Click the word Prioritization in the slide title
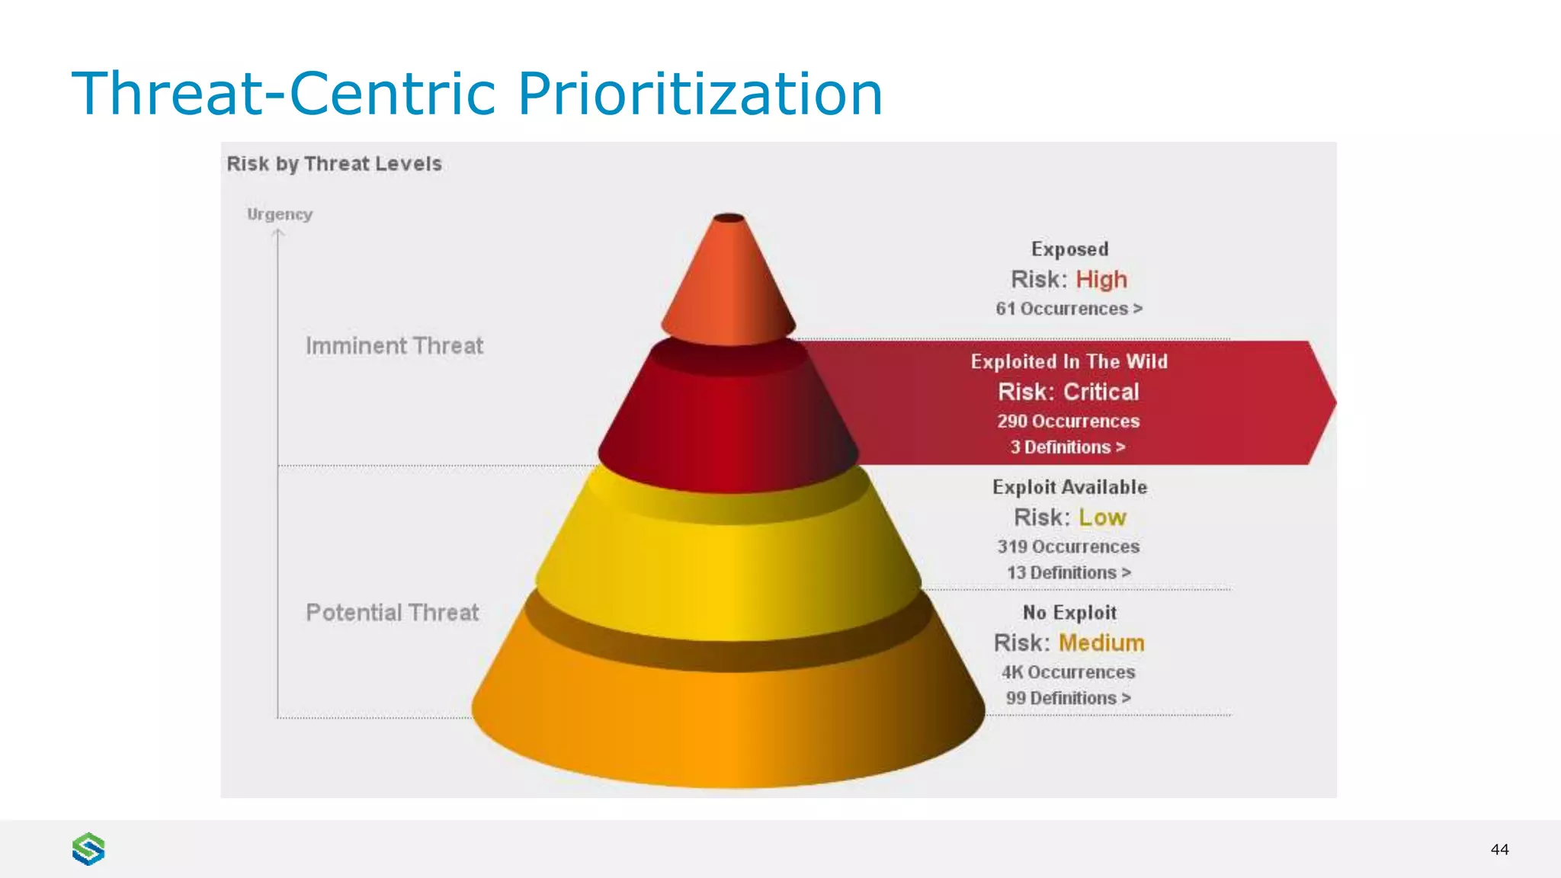pos(700,94)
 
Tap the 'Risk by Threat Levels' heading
pos(334,164)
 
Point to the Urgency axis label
pos(280,214)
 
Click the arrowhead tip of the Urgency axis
pos(278,231)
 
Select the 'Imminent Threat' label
pos(394,346)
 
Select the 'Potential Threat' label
pos(393,613)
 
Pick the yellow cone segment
pos(729,564)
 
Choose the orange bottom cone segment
pos(729,724)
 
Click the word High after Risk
pos(1101,280)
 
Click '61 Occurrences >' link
pos(1069,309)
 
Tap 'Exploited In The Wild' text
pos(1069,361)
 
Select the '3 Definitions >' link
pos(1068,447)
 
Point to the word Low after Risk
pos(1102,518)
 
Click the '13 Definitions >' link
pos(1069,572)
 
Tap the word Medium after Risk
pos(1101,643)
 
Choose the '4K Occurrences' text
pos(1068,672)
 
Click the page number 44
pos(1499,849)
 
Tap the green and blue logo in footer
pos(88,849)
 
